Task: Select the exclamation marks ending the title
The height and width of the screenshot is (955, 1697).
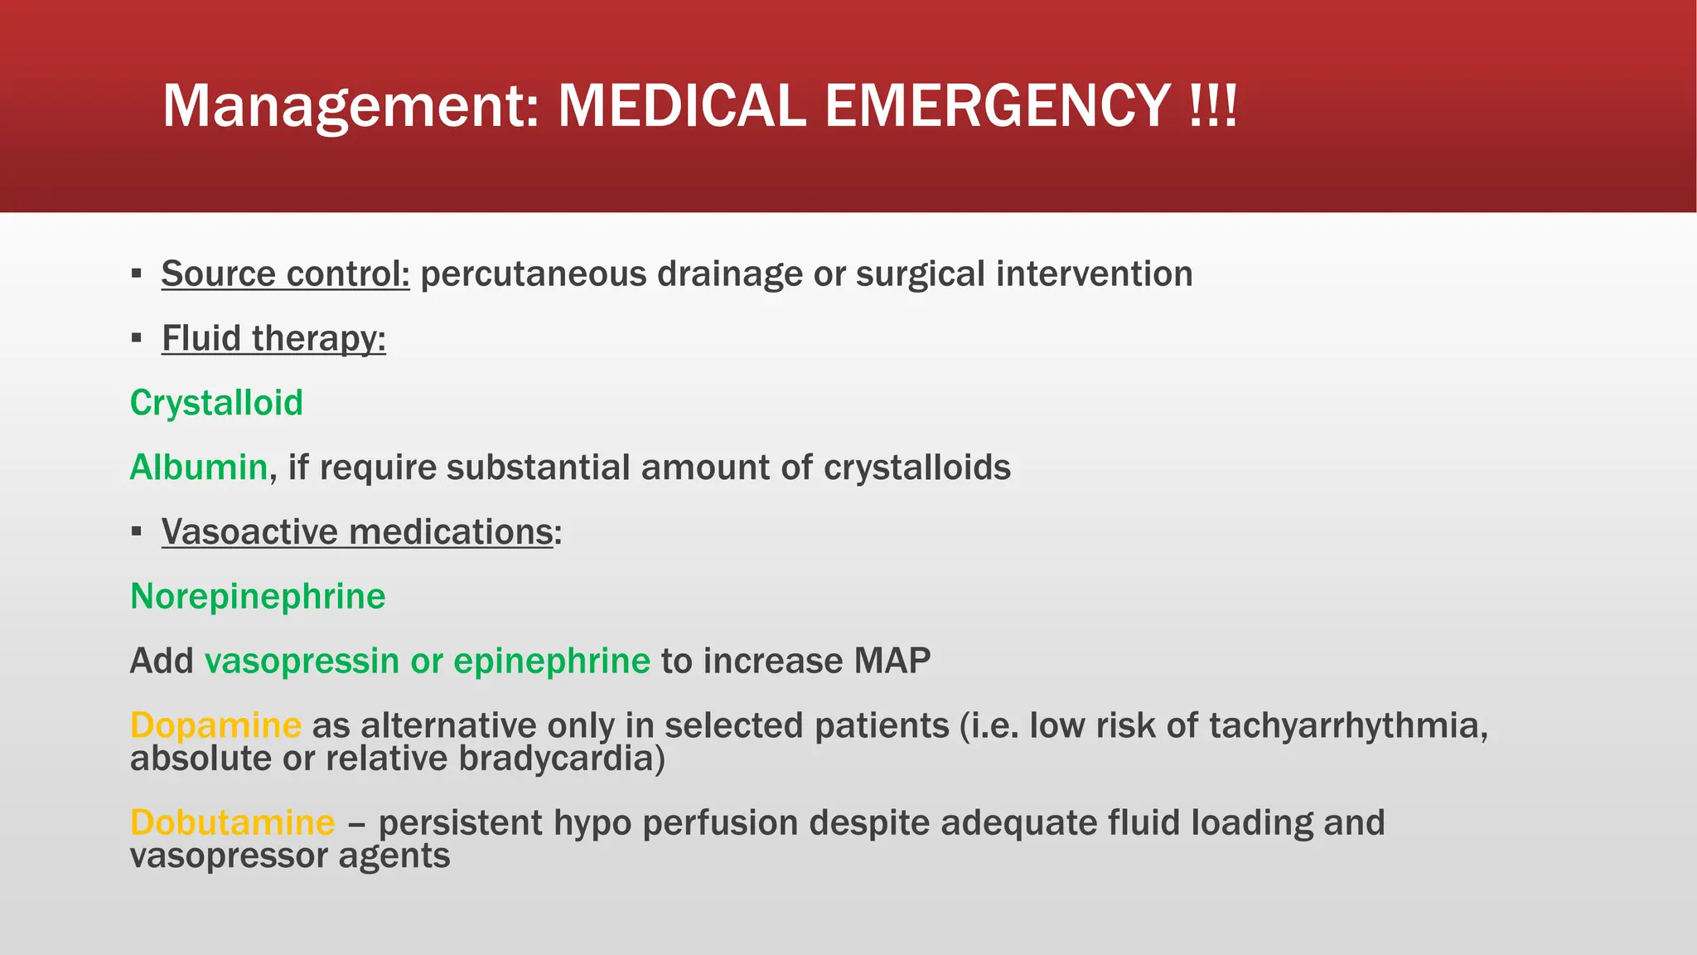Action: [1213, 106]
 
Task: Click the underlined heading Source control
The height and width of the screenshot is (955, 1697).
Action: [285, 274]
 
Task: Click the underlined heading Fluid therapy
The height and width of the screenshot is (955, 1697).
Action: [273, 338]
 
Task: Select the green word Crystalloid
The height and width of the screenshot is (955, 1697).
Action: [216, 403]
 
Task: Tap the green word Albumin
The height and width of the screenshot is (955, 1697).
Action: [199, 467]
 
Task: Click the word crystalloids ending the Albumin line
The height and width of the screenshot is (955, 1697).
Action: [916, 467]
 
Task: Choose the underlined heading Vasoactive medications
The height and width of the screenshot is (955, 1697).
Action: [357, 531]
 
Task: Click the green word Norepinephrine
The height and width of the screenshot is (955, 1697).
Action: [258, 596]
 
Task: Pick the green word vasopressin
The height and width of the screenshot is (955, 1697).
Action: [302, 661]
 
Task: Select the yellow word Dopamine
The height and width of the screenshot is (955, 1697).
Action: [215, 725]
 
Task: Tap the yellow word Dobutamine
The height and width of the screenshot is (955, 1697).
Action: [233, 822]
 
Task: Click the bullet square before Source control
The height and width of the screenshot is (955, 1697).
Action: [137, 274]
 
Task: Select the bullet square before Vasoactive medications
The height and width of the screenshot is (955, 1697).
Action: [137, 531]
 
